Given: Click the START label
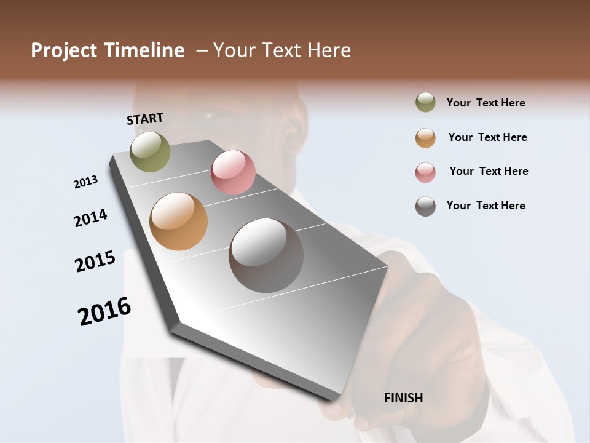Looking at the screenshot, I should pos(145,119).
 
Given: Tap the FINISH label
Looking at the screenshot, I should pos(404,398).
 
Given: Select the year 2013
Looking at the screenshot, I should pos(86,182).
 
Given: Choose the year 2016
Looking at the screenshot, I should pos(104,311).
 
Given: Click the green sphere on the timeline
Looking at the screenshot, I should pos(151,151).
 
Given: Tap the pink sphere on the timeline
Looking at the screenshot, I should pos(233,172).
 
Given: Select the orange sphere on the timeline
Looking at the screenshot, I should pos(179,221).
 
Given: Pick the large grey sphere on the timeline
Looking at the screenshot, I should pos(266,255).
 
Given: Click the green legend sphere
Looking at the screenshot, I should pos(425,103).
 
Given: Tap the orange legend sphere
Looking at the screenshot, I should pos(425,138).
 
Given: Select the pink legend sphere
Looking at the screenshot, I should pos(425,172).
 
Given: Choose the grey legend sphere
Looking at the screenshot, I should pos(425,206).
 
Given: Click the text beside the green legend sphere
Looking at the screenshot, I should pos(486,103).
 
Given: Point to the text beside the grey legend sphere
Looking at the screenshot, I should pos(486,206).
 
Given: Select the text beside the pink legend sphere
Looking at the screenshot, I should pos(489,171).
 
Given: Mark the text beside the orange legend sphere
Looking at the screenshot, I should pos(487,137).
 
